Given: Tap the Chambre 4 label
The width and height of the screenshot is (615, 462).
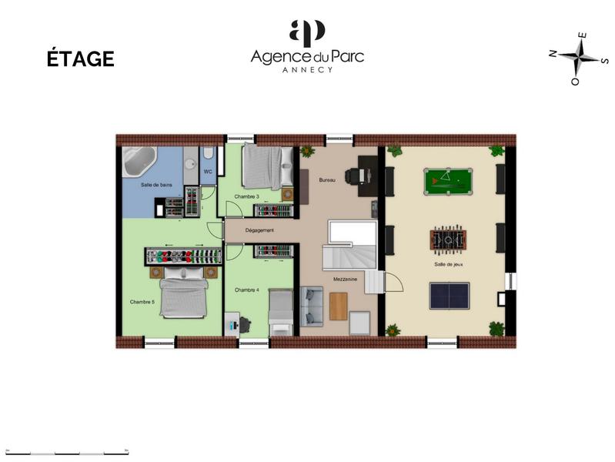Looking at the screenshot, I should (x=246, y=290).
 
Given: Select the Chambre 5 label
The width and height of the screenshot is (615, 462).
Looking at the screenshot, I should (x=142, y=302).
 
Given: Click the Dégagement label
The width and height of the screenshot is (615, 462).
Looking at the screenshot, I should (x=259, y=230).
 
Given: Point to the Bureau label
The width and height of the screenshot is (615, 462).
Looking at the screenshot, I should (x=328, y=179).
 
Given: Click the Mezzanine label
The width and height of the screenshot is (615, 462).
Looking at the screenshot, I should (x=344, y=279).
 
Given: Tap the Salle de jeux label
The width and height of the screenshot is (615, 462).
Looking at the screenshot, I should (x=448, y=264).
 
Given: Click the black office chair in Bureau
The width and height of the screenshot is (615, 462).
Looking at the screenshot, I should (x=353, y=176).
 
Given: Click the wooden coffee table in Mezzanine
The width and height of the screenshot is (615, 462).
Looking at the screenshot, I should (x=339, y=306).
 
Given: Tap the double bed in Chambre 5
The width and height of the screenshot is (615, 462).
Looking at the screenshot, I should (x=184, y=294).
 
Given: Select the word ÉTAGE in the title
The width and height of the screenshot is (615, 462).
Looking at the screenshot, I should (x=81, y=59).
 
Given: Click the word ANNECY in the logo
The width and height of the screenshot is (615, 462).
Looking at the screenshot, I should (x=307, y=69).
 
